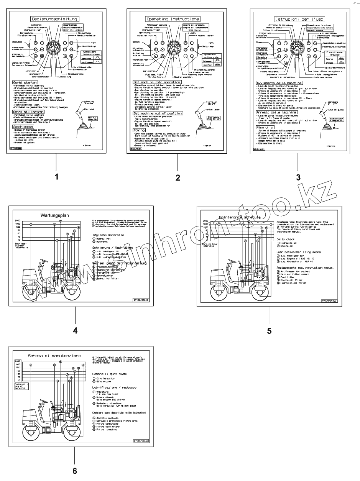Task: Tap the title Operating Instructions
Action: pos(173,18)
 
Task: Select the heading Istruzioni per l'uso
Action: pos(294,19)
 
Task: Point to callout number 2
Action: pos(178,177)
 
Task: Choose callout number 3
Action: pos(298,177)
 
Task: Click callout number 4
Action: pos(75,330)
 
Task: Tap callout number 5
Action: pos(270,331)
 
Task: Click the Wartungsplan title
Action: pos(54,215)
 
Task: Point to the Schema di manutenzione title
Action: pos(54,356)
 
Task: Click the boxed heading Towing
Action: pos(139,130)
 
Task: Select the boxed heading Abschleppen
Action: pos(23,126)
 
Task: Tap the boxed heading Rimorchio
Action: pos(265,127)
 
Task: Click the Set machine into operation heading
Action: pos(156,82)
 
